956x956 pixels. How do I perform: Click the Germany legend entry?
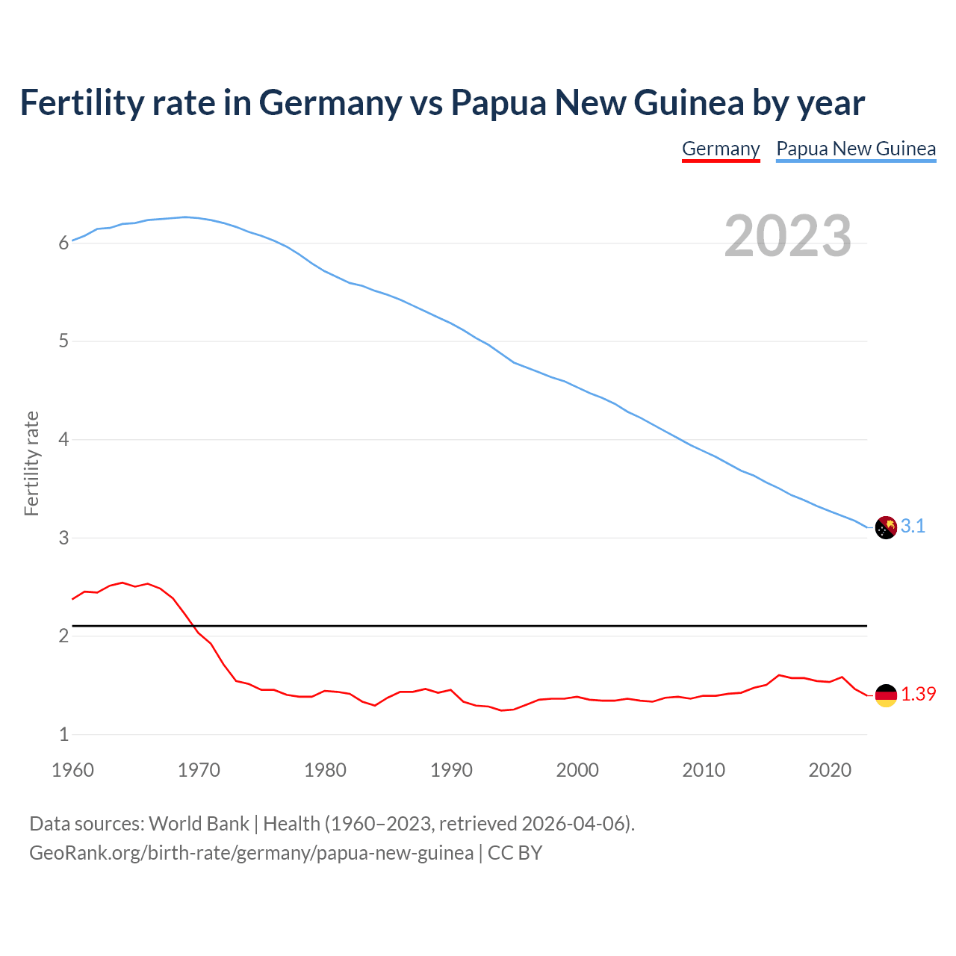(721, 149)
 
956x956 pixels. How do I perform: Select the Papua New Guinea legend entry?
(856, 149)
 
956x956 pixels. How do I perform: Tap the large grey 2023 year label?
(788, 236)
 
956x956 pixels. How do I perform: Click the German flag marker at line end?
(886, 695)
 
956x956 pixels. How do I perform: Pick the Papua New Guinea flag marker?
(886, 527)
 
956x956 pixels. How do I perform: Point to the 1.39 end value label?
(918, 694)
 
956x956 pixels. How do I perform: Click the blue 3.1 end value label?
(913, 527)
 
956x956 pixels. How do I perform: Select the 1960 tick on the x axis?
(72, 770)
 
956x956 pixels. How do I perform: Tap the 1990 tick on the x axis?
(451, 770)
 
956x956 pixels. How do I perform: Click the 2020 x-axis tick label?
(830, 770)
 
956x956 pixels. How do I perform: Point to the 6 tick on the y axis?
(63, 243)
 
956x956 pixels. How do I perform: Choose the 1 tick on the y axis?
(63, 735)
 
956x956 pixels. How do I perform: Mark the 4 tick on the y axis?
(63, 440)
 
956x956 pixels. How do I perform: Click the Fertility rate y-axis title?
(31, 463)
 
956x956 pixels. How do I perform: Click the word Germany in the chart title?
(330, 103)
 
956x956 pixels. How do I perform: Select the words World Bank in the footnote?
(199, 824)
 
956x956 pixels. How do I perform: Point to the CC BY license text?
(515, 853)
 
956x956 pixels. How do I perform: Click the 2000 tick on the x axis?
(577, 770)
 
